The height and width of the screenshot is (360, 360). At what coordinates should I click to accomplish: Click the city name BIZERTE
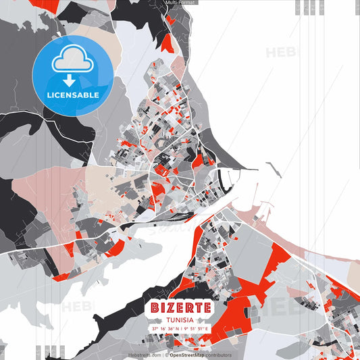click(x=180, y=307)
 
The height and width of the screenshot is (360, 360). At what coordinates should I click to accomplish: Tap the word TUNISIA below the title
click(x=180, y=319)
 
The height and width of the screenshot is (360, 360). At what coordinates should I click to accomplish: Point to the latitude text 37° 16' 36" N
click(x=164, y=329)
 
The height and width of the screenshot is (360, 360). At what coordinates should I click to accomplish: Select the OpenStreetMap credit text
click(x=187, y=355)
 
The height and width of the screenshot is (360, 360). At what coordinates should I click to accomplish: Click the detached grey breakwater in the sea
click(x=272, y=169)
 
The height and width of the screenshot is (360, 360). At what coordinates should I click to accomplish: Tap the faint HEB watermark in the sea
click(x=279, y=53)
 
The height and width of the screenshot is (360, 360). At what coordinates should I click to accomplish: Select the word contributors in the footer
click(x=218, y=355)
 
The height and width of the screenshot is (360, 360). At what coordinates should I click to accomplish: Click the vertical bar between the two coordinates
click(x=181, y=329)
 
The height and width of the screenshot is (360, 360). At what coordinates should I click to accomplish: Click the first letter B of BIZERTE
click(x=155, y=307)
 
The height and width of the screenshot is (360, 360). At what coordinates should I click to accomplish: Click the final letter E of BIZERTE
click(x=207, y=307)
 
